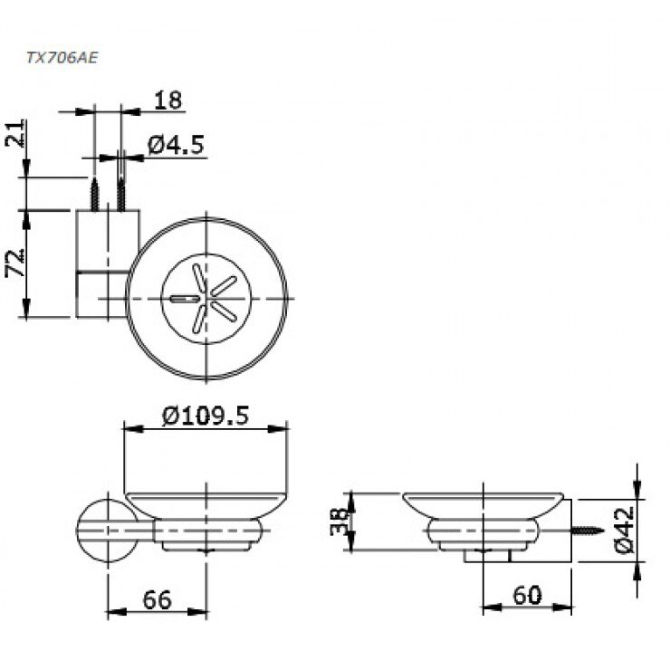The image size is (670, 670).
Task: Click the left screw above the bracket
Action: (95, 193)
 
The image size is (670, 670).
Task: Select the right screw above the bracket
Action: (120, 193)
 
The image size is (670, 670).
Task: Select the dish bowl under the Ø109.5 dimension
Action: (206, 503)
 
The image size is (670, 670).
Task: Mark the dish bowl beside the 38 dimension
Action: (486, 503)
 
